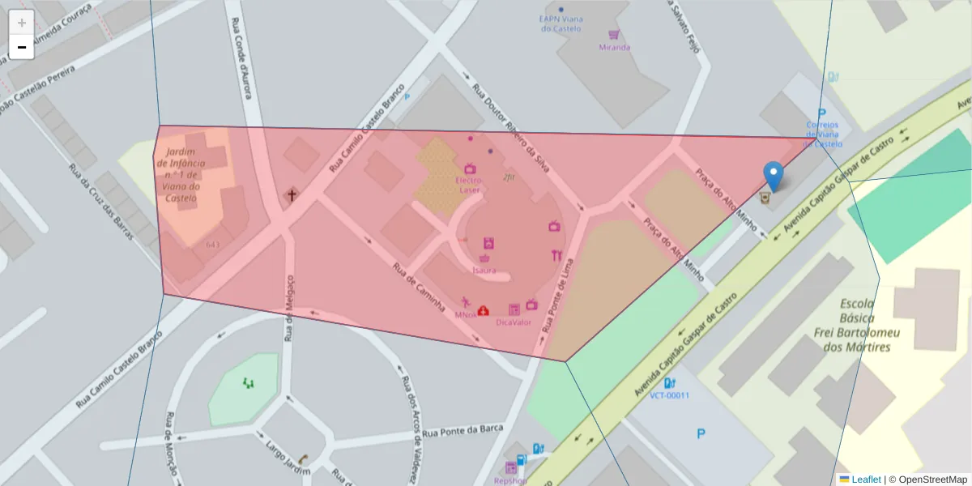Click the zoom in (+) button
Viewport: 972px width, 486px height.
(x=22, y=23)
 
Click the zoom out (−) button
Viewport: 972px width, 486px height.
(x=22, y=47)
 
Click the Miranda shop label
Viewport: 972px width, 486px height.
(x=614, y=47)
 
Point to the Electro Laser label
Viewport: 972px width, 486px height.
(x=469, y=185)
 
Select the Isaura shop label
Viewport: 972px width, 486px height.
(x=484, y=270)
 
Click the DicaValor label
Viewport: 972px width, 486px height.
(x=514, y=322)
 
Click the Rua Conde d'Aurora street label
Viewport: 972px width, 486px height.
(x=241, y=58)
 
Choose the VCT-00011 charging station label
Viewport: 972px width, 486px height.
(x=669, y=395)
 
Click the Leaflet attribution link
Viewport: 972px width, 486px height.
(x=865, y=480)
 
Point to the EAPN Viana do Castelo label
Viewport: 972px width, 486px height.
(x=561, y=23)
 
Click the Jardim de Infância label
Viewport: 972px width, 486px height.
(x=181, y=174)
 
